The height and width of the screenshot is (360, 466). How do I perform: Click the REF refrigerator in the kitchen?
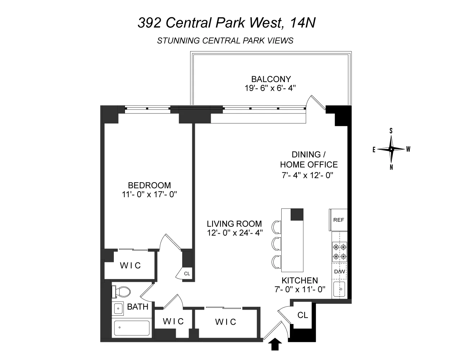(x=339, y=220)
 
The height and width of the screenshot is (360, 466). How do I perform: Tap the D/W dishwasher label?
(x=339, y=271)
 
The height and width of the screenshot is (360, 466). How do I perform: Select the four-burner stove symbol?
(x=339, y=252)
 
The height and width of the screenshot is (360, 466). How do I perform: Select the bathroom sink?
(x=118, y=308)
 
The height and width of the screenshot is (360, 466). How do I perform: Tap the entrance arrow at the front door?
(x=275, y=345)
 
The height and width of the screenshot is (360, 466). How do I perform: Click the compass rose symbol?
(x=391, y=149)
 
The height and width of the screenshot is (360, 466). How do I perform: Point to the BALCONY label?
(x=271, y=79)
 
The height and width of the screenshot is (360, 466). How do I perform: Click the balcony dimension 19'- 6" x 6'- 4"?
(x=271, y=88)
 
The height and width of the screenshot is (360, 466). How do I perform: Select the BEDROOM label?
(x=149, y=185)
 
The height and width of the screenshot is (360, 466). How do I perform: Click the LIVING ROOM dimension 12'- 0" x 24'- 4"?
(x=234, y=233)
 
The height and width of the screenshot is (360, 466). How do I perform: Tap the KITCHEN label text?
(x=300, y=280)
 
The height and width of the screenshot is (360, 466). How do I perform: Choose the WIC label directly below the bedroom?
(x=130, y=266)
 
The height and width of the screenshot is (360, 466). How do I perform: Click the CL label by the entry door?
(x=303, y=315)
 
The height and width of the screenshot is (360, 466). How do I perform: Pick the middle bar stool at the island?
(x=277, y=243)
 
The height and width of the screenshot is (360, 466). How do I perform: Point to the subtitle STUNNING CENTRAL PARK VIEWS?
(x=225, y=41)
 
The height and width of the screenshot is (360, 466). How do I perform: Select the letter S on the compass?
(x=391, y=131)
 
